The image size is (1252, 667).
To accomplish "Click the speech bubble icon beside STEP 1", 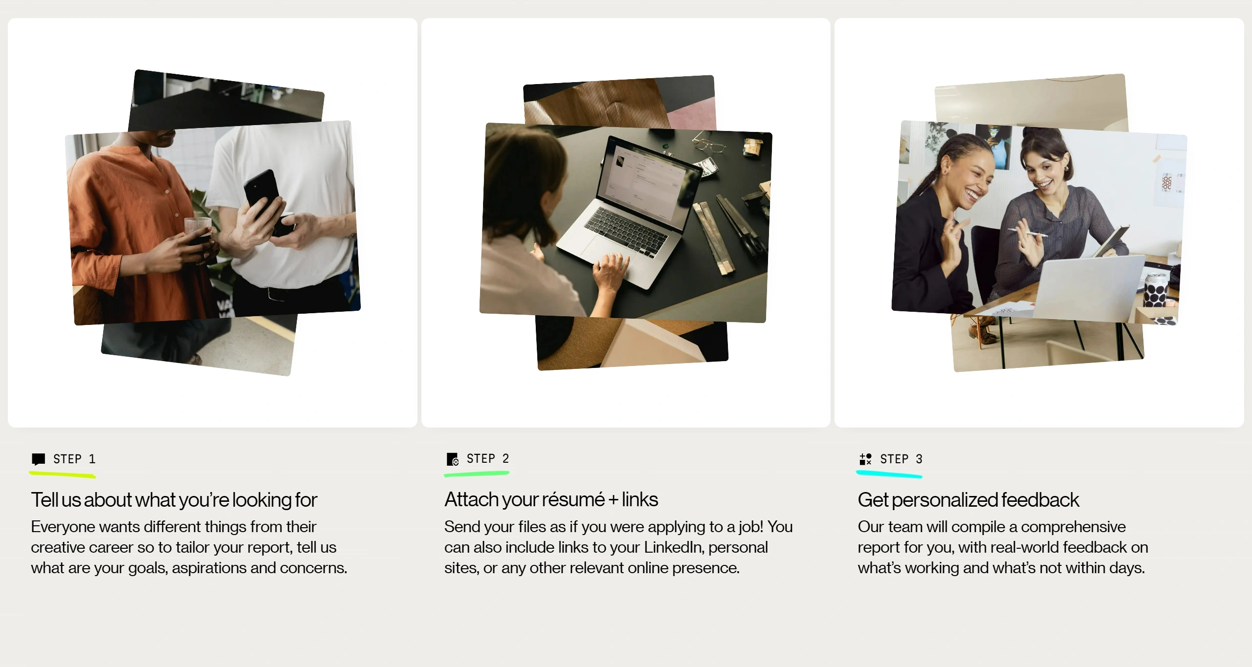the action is pos(38,459).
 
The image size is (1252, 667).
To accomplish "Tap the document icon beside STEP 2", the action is pos(452,459).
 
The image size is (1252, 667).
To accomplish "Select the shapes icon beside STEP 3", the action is pos(865,459).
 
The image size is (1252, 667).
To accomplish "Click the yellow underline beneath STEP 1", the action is pos(62,474).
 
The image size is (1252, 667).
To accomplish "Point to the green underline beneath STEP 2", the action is pos(477,473).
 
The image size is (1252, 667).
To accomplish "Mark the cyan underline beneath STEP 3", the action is pos(889,474).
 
